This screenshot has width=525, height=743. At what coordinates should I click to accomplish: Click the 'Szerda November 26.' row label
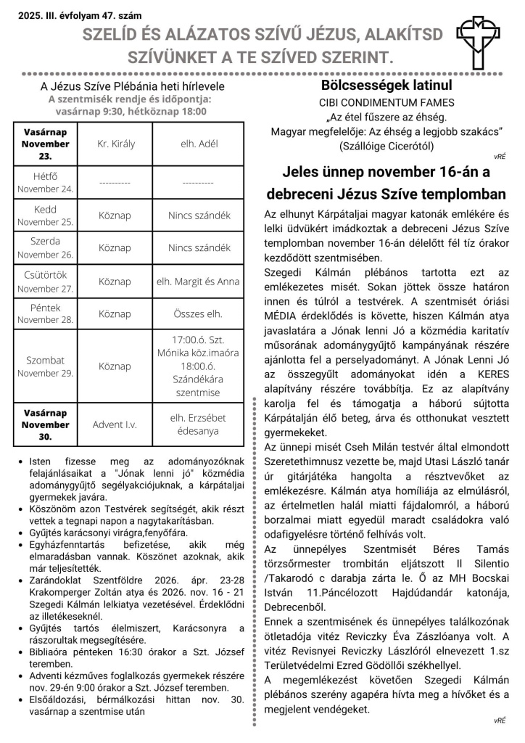tap(46, 247)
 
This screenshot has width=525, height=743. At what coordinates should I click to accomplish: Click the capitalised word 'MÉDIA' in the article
tap(283, 337)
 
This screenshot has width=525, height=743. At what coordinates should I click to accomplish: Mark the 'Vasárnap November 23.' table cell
tap(46, 144)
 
